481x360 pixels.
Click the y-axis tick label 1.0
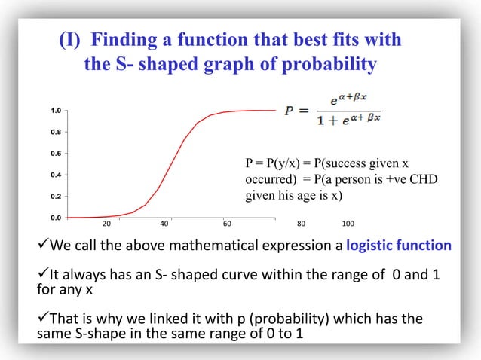pos(47,111)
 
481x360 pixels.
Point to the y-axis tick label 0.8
pos(47,133)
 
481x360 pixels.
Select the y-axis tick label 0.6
pos(47,154)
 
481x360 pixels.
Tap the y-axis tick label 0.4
pos(47,175)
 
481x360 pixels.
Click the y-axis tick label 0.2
pos(47,197)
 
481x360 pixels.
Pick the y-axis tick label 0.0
pos(47,218)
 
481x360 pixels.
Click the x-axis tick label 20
pos(106,224)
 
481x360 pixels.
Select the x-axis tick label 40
pos(164,224)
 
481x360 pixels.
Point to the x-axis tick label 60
pos(227,224)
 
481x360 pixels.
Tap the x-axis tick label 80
pos(301,224)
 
